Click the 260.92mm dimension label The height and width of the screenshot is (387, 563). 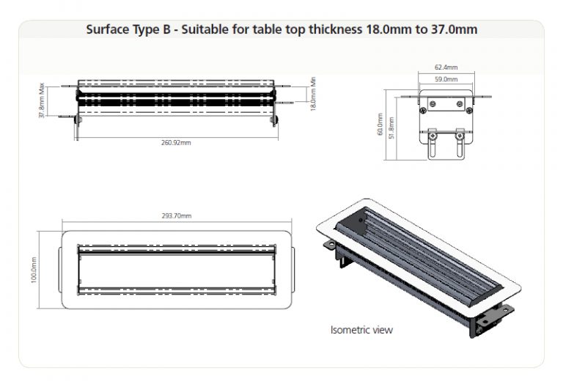[176, 143]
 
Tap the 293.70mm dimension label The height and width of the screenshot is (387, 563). [177, 215]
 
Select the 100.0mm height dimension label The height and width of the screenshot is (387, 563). [34, 270]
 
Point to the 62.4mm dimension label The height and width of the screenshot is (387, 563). [446, 67]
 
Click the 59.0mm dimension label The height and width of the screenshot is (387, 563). [446, 79]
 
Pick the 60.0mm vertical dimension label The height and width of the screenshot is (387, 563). [380, 124]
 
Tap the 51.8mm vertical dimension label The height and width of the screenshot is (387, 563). [391, 128]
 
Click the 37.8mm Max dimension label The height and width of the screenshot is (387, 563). [42, 100]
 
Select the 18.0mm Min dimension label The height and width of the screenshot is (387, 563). [313, 94]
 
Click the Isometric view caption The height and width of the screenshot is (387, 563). [361, 330]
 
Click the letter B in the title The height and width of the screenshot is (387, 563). [166, 29]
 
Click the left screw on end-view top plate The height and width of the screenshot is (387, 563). [433, 104]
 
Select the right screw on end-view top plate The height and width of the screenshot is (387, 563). [460, 104]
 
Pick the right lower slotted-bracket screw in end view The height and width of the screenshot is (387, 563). [459, 136]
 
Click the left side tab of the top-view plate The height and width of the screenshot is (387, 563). [60, 270]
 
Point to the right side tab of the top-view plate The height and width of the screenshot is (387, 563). [293, 270]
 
